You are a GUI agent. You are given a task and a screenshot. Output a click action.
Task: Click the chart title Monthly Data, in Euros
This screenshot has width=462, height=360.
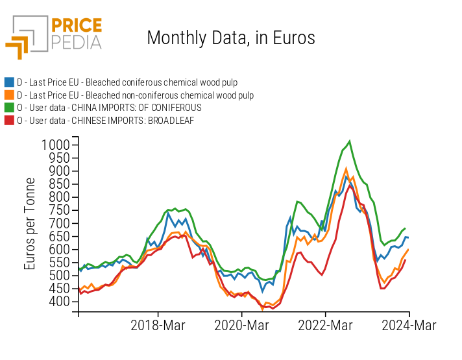(231, 38)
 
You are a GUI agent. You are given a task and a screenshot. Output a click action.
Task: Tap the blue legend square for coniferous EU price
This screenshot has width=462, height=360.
(9, 82)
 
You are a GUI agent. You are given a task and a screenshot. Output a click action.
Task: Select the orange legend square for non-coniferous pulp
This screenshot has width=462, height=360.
(9, 95)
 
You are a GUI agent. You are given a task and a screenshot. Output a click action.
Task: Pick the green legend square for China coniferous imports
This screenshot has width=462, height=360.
(9, 108)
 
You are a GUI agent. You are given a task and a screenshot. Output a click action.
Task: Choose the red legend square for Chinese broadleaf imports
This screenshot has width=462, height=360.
(9, 120)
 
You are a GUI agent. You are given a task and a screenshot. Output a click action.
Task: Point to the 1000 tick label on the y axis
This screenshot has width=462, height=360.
(55, 145)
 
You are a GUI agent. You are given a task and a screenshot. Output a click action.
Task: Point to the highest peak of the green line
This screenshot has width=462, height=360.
(350, 141)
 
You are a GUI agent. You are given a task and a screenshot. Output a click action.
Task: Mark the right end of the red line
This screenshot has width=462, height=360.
(406, 260)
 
